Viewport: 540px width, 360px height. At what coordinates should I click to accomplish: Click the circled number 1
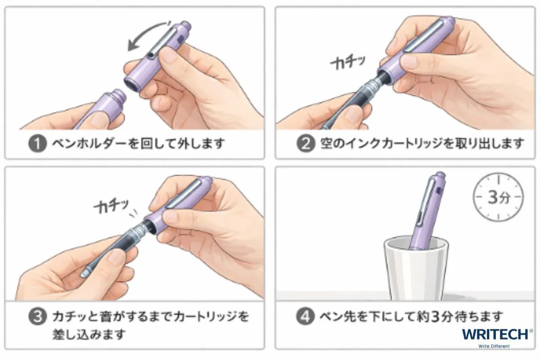tap(37, 144)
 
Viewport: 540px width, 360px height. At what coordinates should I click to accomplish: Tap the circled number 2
tap(306, 144)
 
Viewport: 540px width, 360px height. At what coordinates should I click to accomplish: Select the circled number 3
tap(37, 316)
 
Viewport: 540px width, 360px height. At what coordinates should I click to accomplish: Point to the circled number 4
tap(305, 316)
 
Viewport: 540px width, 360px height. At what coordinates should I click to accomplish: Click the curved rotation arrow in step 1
tap(144, 30)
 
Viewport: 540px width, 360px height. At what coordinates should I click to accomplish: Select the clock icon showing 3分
tap(498, 197)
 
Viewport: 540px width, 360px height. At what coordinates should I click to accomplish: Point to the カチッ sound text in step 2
tap(348, 63)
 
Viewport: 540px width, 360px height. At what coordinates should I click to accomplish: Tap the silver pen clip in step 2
tap(423, 36)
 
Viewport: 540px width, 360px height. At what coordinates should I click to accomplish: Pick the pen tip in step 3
tap(84, 274)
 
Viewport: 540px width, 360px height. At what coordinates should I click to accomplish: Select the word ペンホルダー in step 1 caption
tap(90, 144)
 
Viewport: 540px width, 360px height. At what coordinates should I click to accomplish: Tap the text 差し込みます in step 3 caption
tap(89, 334)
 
